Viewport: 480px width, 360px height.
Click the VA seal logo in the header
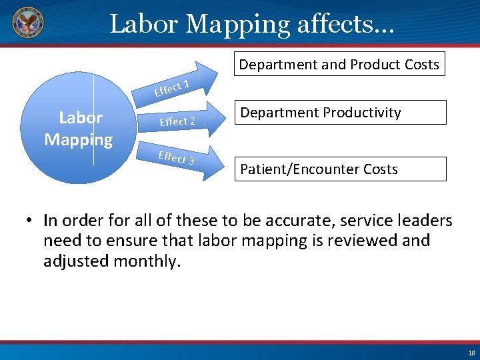27,23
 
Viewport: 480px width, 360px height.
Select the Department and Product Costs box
339,65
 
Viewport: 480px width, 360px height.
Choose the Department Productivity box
340,113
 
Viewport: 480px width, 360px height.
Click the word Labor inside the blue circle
81,118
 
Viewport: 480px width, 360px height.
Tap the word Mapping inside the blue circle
79,140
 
